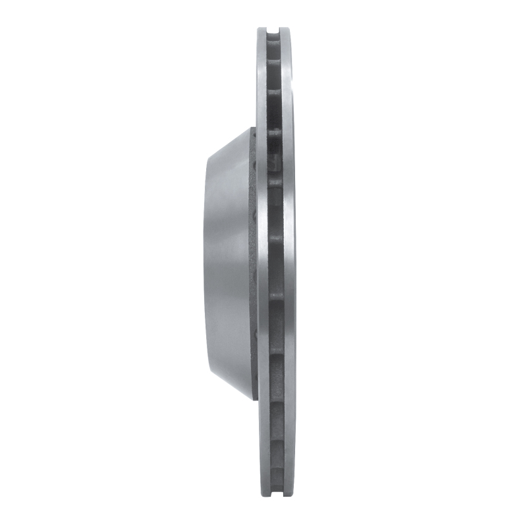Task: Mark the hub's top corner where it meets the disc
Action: coord(253,128)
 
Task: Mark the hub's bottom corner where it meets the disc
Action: coord(253,399)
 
